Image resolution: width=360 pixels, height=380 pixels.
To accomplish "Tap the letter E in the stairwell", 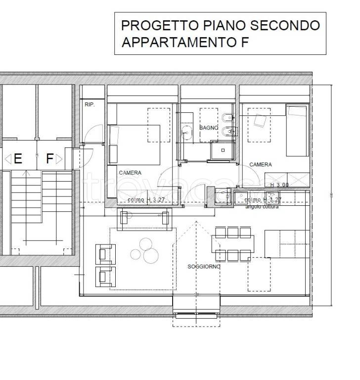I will pos(18,159).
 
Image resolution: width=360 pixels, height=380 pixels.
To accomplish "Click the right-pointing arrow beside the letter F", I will pos(59,159).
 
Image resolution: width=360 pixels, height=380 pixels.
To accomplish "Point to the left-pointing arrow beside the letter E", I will pos(7,159).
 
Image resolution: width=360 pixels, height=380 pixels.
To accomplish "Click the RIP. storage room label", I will pos(90,104).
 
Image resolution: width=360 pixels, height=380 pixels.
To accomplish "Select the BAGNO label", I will pos(209,128).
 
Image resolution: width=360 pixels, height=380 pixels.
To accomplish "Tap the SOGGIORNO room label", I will pos(204,267).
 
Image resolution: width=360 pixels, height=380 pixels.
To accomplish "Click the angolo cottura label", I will pos(262,206).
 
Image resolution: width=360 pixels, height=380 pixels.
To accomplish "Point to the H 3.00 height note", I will pos(279,185).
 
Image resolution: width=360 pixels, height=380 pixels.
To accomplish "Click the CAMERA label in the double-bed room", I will pos(130,173).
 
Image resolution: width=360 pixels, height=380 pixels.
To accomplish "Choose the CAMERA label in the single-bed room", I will pos(260,164).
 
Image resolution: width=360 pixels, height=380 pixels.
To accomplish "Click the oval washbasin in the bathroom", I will pos(187,132).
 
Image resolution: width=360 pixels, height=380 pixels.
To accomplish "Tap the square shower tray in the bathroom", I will pos(223,149).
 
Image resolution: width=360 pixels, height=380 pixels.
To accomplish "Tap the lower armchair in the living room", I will pos(105,276).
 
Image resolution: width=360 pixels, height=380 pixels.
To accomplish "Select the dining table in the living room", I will pos(233,243).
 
